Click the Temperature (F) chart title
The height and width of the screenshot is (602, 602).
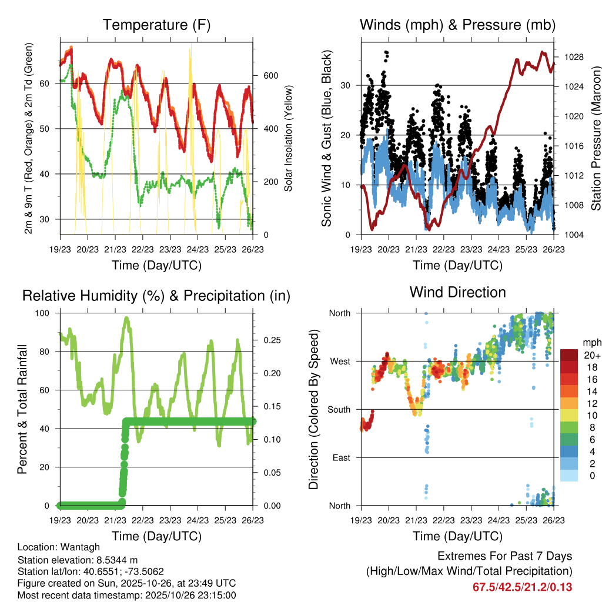pyautogui.click(x=156, y=25)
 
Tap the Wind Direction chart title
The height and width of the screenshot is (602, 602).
pyautogui.click(x=457, y=292)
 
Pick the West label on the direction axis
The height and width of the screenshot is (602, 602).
pyautogui.click(x=340, y=361)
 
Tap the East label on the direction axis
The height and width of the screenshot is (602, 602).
pyautogui.click(x=341, y=457)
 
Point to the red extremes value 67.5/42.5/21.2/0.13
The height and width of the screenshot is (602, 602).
pyautogui.click(x=522, y=587)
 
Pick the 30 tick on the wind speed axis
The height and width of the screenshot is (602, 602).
pyautogui.click(x=346, y=85)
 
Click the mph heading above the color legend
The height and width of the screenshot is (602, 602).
pyautogui.click(x=591, y=343)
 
